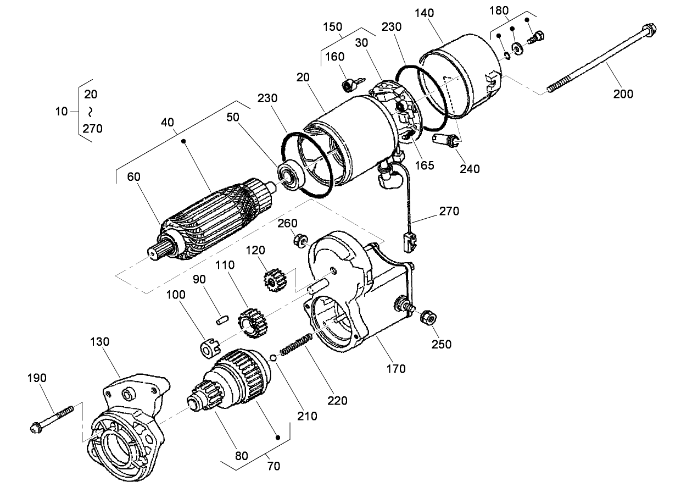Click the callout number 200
pos(623,94)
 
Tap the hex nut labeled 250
pos(427,317)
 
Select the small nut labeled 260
pos(300,240)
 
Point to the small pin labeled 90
pos(221,318)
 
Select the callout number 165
pos(425,164)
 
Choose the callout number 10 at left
pos(62,112)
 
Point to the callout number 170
pos(395,368)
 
